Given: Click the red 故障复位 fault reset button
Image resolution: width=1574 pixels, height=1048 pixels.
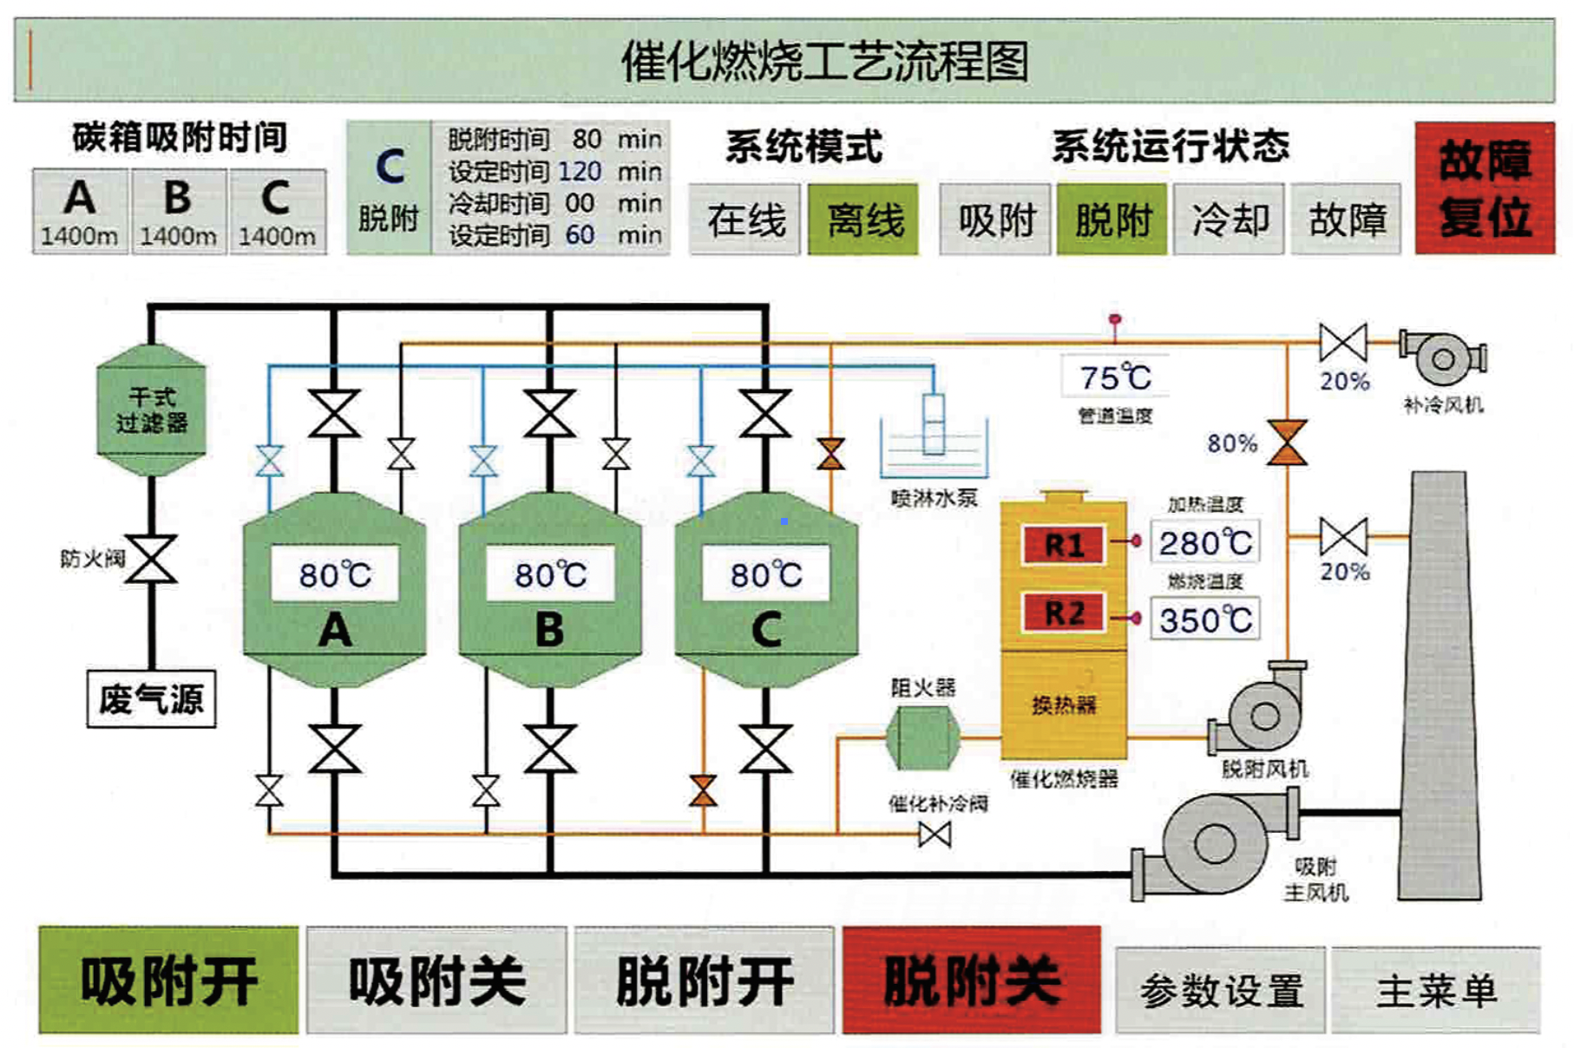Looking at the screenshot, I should point(1484,188).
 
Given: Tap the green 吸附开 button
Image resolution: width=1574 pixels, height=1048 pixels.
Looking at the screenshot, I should point(168,980).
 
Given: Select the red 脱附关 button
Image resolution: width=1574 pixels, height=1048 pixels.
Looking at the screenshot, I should point(971,980).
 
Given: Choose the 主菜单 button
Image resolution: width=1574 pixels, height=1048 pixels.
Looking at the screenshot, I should point(1436,990).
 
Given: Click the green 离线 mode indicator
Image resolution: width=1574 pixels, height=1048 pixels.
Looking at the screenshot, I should point(863,219).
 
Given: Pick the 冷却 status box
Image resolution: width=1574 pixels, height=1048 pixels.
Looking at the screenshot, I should point(1229,219).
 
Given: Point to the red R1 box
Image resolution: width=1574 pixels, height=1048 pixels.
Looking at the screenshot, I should point(1064,545).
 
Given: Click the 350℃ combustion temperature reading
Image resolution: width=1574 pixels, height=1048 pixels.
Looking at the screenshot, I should point(1205,619).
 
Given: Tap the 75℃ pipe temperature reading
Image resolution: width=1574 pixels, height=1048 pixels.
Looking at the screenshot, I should point(1115,377).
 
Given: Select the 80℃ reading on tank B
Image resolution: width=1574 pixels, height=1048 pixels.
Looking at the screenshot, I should point(550,574).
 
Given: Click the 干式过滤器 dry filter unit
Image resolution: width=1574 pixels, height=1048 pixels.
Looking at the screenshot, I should point(152,409).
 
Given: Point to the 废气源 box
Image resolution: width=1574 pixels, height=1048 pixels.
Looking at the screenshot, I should point(151,698).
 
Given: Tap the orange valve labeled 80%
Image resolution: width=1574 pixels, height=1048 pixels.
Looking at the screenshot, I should point(1287,443).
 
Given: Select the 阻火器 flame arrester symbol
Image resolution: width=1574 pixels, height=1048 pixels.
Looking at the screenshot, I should point(922,737).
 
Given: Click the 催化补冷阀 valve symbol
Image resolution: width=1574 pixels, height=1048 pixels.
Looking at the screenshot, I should point(935,835).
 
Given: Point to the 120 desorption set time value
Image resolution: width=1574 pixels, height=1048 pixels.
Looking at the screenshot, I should point(580,171).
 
